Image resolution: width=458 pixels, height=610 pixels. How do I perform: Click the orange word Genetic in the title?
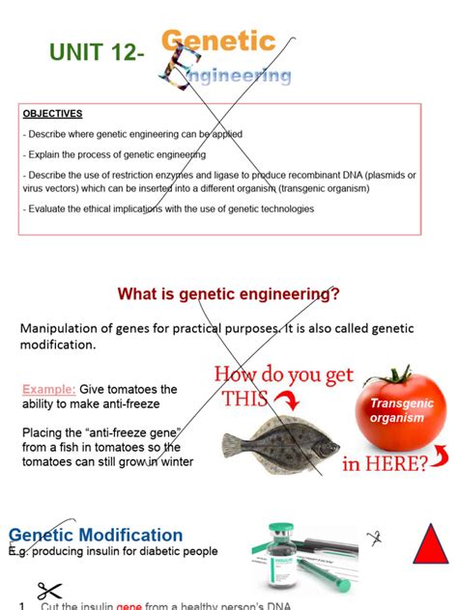coord(218,42)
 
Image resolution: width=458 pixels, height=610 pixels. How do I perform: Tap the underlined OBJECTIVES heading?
coord(53,113)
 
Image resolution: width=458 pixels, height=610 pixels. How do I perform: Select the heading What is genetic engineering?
coord(228,293)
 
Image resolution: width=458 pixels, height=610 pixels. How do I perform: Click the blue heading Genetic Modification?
coord(96,535)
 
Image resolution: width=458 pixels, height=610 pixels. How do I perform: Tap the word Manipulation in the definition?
coord(66,328)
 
